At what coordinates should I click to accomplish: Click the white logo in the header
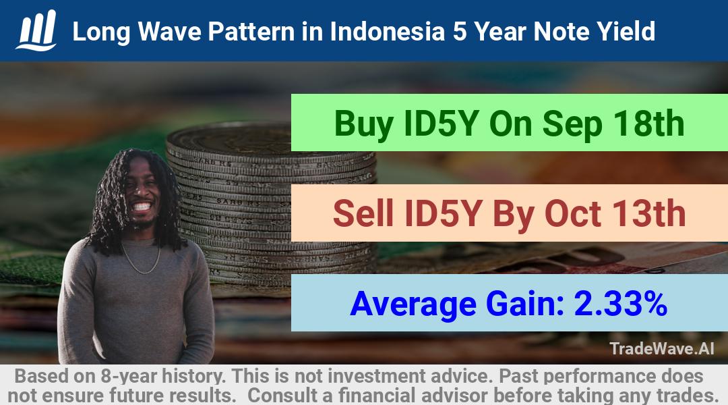(36, 30)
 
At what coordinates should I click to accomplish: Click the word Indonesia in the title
(387, 32)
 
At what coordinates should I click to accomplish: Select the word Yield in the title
(626, 32)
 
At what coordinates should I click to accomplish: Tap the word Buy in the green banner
(364, 124)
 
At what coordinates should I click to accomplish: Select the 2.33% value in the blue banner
(621, 304)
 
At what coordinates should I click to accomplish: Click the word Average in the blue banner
(413, 304)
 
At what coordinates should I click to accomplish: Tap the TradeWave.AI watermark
(662, 348)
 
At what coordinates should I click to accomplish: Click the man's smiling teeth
(142, 206)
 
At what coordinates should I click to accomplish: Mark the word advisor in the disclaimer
(453, 396)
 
